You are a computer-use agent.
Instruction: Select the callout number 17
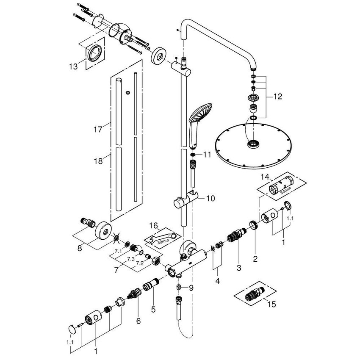coord(98,129)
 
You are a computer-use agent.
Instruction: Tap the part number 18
coord(98,161)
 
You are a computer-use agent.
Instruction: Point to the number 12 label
coord(277,97)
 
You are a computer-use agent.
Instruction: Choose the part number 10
coord(210,198)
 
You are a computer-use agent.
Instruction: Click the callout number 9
coord(191,288)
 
